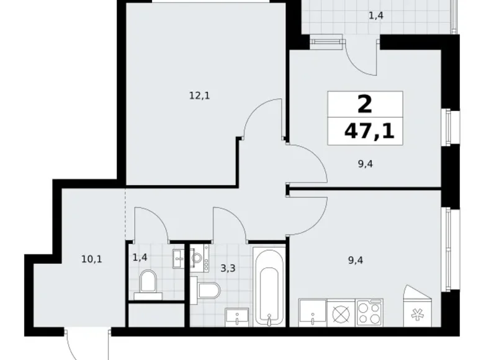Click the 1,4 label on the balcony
(x=376, y=16)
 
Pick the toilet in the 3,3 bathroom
(x=208, y=290)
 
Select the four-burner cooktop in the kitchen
(x=370, y=313)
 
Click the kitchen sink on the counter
(x=311, y=313)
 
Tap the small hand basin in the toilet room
(x=179, y=257)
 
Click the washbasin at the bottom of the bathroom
(x=236, y=317)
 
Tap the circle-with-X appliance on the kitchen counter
(x=340, y=313)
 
